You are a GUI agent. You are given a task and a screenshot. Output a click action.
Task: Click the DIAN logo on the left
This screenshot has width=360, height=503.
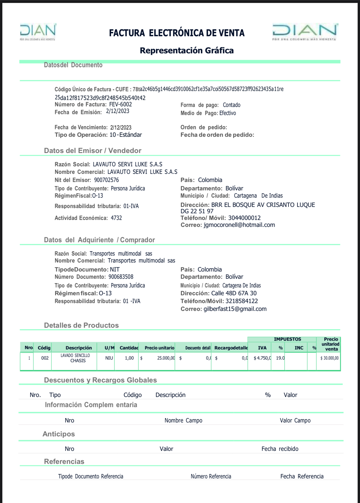38,32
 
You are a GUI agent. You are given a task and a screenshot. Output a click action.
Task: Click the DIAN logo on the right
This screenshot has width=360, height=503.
305,32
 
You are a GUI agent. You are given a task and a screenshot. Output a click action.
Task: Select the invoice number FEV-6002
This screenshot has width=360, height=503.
121,104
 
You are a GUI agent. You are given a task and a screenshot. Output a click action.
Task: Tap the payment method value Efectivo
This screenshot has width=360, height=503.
228,113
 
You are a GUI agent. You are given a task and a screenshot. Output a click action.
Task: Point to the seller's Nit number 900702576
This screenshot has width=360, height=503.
106,180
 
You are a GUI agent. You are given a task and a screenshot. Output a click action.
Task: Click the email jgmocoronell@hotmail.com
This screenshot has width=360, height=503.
239,225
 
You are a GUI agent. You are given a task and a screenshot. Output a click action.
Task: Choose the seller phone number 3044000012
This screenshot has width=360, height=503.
244,218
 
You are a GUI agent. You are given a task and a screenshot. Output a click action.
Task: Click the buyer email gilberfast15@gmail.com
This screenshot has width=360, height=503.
235,309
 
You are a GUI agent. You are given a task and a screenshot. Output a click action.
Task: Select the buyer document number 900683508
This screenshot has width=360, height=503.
121,277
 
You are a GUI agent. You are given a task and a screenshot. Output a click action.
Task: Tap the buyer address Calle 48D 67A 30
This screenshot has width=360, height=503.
234,293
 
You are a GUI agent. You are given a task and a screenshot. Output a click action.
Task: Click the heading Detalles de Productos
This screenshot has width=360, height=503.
81,325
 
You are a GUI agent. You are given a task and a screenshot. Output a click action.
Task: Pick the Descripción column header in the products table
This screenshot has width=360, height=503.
79,348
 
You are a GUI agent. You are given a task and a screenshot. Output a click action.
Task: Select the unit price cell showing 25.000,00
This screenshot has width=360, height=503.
166,358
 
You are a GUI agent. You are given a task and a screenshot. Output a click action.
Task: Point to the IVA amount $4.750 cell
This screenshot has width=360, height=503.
262,358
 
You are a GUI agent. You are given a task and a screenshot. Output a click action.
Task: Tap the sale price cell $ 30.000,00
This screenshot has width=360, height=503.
329,358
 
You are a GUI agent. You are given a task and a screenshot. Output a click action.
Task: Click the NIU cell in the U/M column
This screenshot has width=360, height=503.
109,358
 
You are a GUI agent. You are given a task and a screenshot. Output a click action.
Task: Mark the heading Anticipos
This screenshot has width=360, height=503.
59,434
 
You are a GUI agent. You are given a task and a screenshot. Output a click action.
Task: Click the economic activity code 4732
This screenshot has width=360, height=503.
116,218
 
